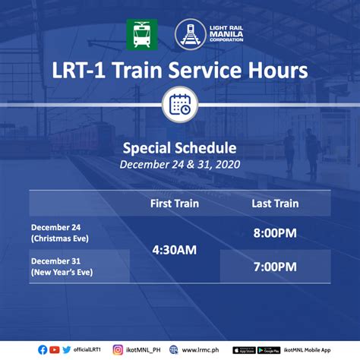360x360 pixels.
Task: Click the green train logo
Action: click(142, 35)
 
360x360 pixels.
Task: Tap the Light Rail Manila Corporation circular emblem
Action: click(190, 34)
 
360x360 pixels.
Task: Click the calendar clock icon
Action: click(180, 105)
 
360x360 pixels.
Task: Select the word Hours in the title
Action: click(278, 70)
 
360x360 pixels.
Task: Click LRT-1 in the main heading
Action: click(78, 70)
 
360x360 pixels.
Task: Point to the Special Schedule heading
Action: click(180, 148)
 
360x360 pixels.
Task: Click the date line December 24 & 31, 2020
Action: click(180, 165)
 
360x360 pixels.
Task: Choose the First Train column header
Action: click(175, 204)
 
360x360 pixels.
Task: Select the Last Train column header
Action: click(275, 204)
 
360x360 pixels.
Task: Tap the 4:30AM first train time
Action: click(175, 250)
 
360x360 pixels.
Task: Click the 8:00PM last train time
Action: click(275, 233)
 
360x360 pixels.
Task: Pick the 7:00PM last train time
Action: click(275, 267)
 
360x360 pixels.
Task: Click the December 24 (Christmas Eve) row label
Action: click(60, 233)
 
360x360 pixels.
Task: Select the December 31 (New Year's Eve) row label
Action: click(62, 267)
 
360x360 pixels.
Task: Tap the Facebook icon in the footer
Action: click(43, 350)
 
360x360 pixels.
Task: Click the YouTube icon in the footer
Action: click(55, 350)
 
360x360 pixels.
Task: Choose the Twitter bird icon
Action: click(67, 350)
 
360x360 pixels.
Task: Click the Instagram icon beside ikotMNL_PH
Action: click(118, 350)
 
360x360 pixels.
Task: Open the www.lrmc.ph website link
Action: click(201, 350)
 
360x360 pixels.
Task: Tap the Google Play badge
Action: click(269, 350)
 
